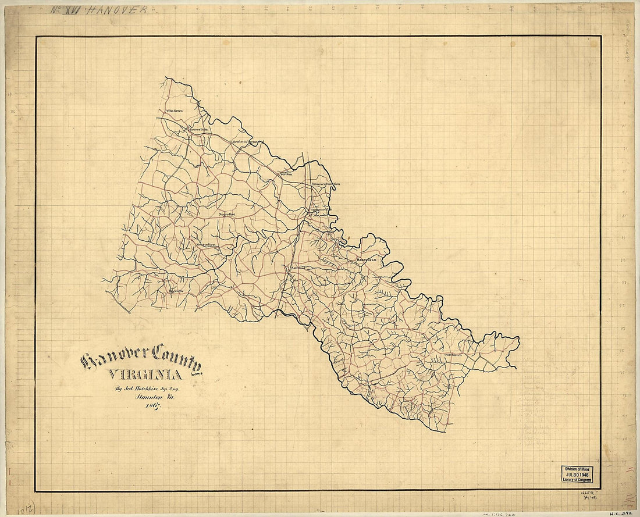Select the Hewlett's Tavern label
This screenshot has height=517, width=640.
click(x=243, y=141)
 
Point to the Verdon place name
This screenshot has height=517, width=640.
click(x=285, y=173)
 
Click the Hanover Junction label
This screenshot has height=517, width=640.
click(x=325, y=184)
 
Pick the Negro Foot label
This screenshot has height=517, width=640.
click(x=227, y=215)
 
